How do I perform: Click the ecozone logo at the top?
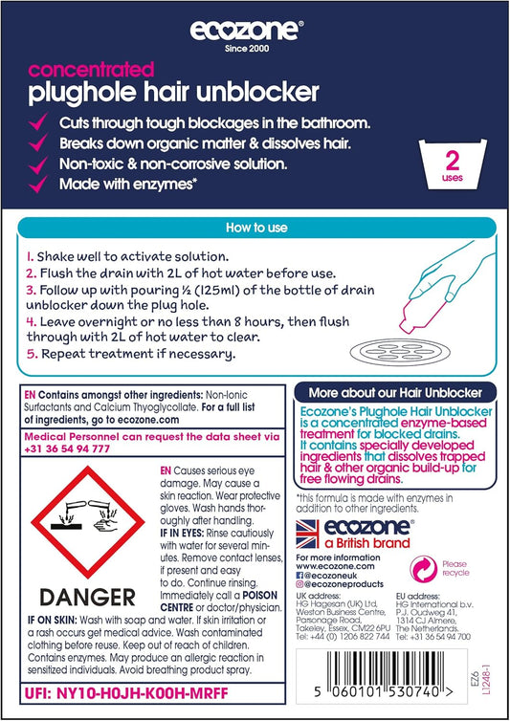coord(246,31)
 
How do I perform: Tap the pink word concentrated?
coord(91,70)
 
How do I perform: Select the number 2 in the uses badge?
coord(453,162)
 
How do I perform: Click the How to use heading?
coord(256,228)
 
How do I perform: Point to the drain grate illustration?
coord(400,353)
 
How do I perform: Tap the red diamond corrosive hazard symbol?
coord(87,522)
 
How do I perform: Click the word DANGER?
coord(87,598)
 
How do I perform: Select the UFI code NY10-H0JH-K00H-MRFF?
coord(143,693)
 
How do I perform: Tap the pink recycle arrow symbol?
coord(423,569)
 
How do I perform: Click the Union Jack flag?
coord(307,534)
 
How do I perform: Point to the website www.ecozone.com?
coord(335,566)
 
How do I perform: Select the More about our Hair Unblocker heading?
coord(395,393)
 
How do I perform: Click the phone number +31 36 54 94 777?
coord(67,448)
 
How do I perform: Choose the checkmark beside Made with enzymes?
coord(37,184)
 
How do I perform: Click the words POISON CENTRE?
coord(219,601)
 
